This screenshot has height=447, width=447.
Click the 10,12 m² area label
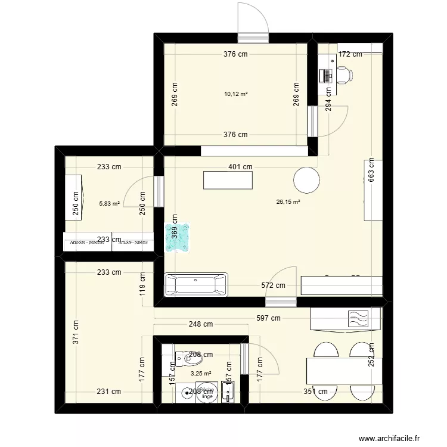pyautogui.click(x=236, y=94)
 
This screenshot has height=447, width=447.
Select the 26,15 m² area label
pyautogui.click(x=288, y=202)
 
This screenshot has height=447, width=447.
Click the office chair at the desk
pyautogui.click(x=344, y=74)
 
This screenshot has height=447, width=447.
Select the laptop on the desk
pyautogui.click(x=325, y=75)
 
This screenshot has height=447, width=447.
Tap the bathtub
pyautogui.click(x=196, y=284)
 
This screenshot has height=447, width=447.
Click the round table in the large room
pyautogui.click(x=306, y=180)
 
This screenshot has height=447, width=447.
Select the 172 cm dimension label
pyautogui.click(x=350, y=54)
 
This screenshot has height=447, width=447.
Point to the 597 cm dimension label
pyautogui.click(x=268, y=318)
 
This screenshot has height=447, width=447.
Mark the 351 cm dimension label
pyautogui.click(x=315, y=392)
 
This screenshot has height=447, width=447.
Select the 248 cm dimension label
pyautogui.click(x=201, y=325)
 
